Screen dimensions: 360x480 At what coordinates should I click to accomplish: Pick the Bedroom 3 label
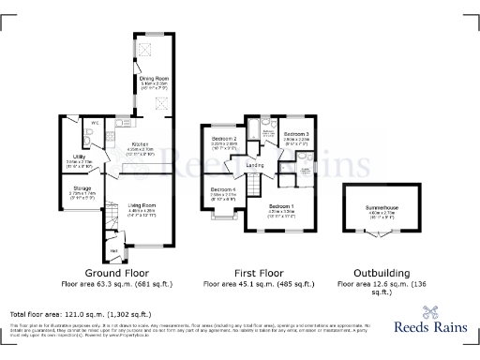pyautogui.click(x=296, y=134)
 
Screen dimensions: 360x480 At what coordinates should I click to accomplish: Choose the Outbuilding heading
pyautogui.click(x=382, y=269)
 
